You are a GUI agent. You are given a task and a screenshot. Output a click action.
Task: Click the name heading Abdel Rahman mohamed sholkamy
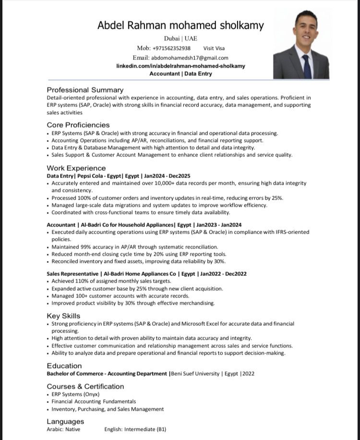tap(180, 25)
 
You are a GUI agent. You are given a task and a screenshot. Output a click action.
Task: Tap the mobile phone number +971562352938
tap(171, 48)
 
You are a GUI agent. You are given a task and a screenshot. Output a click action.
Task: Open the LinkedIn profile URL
tap(180, 66)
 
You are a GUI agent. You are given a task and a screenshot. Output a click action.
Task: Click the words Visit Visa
tap(214, 48)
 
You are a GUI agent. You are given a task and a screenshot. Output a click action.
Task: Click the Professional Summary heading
tap(85, 90)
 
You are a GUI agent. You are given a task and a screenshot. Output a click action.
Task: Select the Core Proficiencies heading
tap(78, 125)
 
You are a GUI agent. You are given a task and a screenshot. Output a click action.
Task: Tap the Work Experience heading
tap(76, 168)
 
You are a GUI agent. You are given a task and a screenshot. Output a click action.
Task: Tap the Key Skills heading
tap(63, 316)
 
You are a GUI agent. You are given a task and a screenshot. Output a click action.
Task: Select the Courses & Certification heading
tap(85, 386)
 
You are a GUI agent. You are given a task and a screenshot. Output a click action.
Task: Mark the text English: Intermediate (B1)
tap(135, 429)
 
